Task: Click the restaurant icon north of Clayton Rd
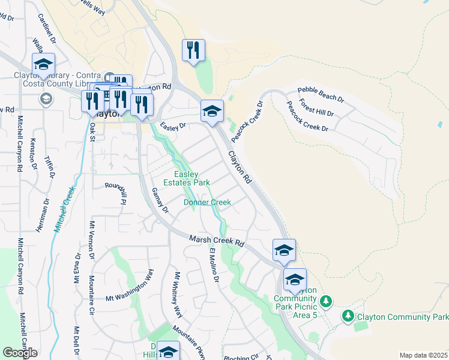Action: (x=193, y=50)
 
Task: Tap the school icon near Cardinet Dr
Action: (x=43, y=64)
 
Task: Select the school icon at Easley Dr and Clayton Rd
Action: (x=211, y=111)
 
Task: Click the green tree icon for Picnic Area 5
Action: (x=326, y=300)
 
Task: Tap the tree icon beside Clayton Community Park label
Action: (x=348, y=315)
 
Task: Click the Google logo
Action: (x=20, y=353)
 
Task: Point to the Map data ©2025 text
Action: (x=423, y=355)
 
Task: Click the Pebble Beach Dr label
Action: (x=321, y=94)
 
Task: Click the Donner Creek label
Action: (x=207, y=202)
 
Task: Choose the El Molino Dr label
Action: (x=214, y=265)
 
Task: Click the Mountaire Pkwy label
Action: (x=189, y=341)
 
